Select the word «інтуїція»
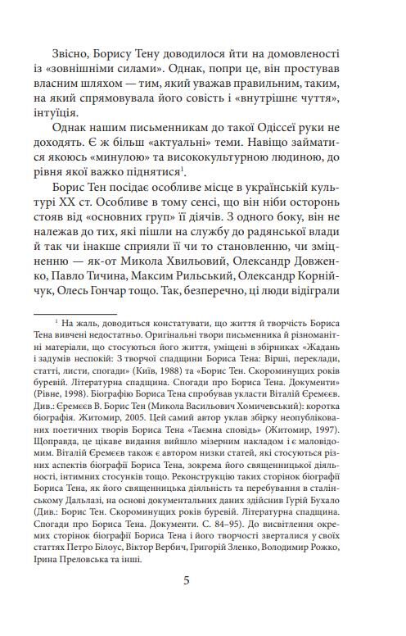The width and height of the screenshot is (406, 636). (61, 112)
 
